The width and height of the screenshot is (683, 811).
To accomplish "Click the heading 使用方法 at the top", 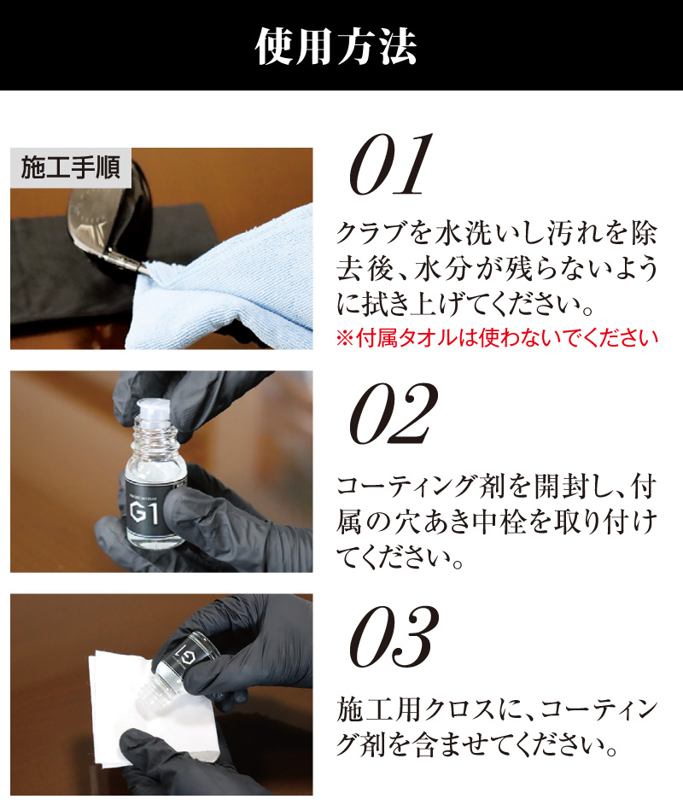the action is [336, 46].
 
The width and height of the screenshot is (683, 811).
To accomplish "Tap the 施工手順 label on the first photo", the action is [71, 167].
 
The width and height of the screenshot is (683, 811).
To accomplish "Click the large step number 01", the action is [391, 165].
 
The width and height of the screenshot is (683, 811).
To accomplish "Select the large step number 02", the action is [394, 414].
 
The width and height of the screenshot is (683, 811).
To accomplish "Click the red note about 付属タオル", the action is [497, 338].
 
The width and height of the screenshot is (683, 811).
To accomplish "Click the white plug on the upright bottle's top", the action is [155, 409].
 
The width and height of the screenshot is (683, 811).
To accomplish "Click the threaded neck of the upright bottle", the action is [155, 435].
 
